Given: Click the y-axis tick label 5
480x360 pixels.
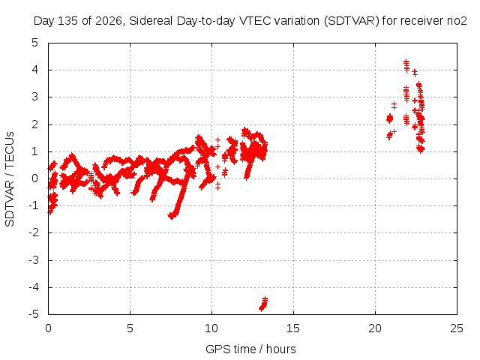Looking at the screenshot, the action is click(x=35, y=43).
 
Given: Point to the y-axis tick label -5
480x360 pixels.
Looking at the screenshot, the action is click(x=34, y=314).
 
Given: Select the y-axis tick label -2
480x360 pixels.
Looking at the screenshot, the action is click(x=34, y=232).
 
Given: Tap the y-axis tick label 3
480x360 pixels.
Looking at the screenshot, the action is click(x=35, y=97).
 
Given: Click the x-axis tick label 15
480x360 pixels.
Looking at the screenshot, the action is click(x=293, y=328).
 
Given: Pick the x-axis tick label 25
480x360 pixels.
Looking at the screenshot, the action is click(x=457, y=328).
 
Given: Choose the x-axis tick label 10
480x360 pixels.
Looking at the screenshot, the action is click(x=211, y=328).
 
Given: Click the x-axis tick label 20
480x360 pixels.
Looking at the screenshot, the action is click(x=375, y=328).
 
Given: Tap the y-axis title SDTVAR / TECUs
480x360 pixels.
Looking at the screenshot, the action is click(x=10, y=179).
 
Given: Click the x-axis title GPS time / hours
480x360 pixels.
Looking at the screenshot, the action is click(x=250, y=349).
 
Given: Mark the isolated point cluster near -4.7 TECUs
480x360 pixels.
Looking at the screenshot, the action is click(x=263, y=304).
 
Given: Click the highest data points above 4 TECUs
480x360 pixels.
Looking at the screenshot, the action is click(x=406, y=66).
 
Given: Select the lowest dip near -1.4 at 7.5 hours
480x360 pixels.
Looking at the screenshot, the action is click(x=172, y=216).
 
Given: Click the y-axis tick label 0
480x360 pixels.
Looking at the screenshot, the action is click(x=35, y=178).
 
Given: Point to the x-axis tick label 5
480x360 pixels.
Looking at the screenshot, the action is click(x=130, y=328).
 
